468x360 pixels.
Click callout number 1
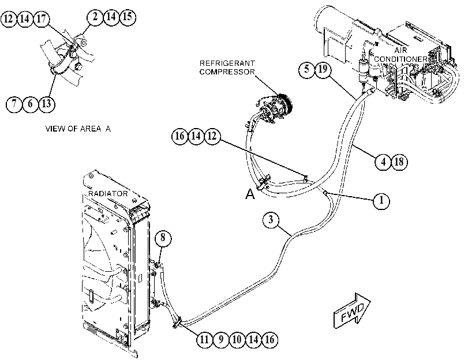click(381, 201)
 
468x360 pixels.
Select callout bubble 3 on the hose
click(271, 220)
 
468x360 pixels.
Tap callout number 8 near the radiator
click(163, 238)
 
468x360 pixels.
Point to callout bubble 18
click(399, 162)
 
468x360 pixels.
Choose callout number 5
click(307, 70)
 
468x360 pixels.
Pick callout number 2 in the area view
click(95, 17)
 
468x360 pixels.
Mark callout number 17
click(41, 19)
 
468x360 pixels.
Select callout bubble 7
click(14, 104)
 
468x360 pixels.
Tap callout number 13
click(47, 104)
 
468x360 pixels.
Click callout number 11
click(204, 340)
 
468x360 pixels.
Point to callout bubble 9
click(221, 340)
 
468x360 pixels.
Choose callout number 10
click(237, 340)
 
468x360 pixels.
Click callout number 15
click(128, 17)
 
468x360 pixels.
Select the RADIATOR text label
click(108, 194)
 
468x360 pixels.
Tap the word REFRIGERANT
click(227, 63)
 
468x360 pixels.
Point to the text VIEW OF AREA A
click(78, 129)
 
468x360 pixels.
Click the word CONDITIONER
click(400, 59)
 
